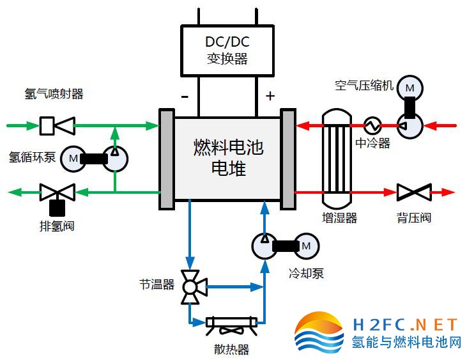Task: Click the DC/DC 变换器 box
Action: coord(227,49)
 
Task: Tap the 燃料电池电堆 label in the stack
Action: coord(227,158)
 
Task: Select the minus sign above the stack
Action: coord(185,97)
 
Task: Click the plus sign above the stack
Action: coord(270,96)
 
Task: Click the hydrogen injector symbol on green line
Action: coord(57,125)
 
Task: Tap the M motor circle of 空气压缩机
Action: coord(410,86)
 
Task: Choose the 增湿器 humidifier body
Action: coord(336,157)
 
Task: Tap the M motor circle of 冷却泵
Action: coord(305,245)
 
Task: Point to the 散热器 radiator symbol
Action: coord(231,323)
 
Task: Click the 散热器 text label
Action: coord(231,349)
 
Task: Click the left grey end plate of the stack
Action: coord(167,159)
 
